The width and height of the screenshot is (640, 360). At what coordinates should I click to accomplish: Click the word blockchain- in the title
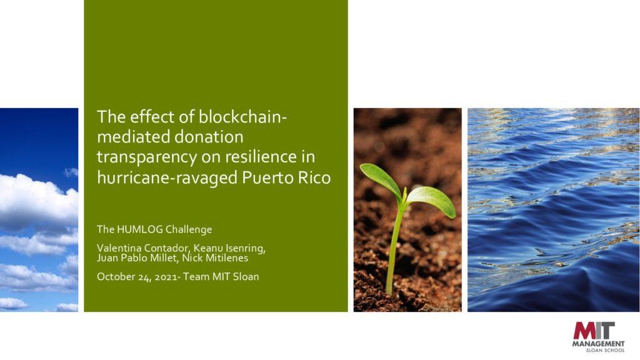point(243,117)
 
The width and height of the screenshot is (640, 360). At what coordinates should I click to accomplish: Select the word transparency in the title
point(147,157)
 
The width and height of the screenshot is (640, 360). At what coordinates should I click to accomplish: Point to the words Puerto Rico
point(286,177)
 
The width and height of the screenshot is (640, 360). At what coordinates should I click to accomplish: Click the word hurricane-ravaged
point(167,178)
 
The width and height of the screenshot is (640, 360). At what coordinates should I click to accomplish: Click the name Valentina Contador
point(143,248)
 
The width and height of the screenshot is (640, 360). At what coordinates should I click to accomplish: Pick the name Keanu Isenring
point(229,248)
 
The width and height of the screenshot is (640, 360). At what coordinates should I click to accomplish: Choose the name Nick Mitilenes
point(215,258)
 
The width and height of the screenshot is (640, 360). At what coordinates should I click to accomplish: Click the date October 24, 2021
point(137,277)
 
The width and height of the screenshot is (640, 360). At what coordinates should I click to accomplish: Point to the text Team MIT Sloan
point(221,276)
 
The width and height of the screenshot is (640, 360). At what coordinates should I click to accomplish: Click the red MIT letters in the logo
point(594,331)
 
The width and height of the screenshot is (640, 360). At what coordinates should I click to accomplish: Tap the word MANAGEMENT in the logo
point(598,344)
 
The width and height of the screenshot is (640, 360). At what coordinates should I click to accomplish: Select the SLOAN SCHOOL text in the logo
point(605,350)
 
